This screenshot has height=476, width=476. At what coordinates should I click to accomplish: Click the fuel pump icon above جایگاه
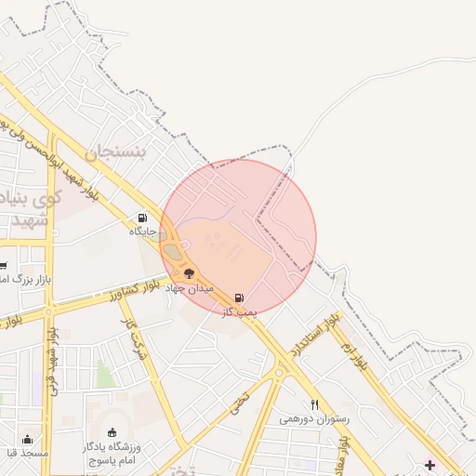coord(142,218)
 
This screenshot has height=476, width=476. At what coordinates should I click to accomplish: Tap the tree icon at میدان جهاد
coord(190,274)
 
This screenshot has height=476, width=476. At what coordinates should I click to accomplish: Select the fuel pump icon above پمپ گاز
coord(240,298)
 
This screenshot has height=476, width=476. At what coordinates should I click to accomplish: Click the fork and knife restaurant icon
coord(315,405)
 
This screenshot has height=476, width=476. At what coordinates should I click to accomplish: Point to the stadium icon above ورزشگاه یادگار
coord(112,432)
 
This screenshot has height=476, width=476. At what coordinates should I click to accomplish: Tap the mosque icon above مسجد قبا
coord(27,440)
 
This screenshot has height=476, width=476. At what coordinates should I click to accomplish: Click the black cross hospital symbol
coord(430,464)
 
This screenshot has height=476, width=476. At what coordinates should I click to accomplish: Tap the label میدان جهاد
coord(190,288)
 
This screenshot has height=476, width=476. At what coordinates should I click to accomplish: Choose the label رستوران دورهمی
coord(315,419)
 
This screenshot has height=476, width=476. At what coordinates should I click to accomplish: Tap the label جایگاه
coord(143,231)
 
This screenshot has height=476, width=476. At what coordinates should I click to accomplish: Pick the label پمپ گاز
coord(239,312)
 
